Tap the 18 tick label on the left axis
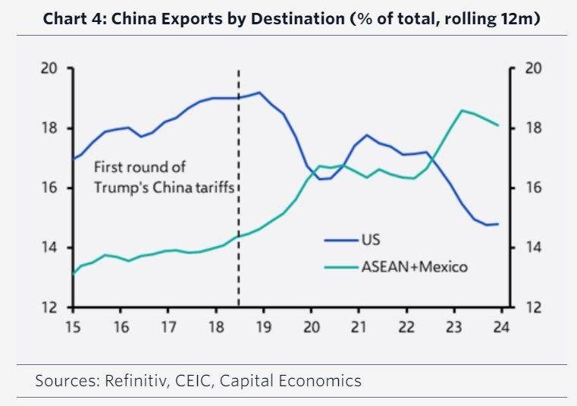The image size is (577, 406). point(49,128)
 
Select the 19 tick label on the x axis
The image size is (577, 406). point(264,328)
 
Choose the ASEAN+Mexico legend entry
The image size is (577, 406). point(415,266)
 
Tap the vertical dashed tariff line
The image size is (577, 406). point(240,190)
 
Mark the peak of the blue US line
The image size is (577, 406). point(259,93)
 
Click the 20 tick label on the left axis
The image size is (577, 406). point(49,68)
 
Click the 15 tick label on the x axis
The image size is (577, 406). point(74,328)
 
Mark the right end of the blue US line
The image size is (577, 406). point(498,224)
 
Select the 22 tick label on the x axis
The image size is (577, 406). point(406,328)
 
